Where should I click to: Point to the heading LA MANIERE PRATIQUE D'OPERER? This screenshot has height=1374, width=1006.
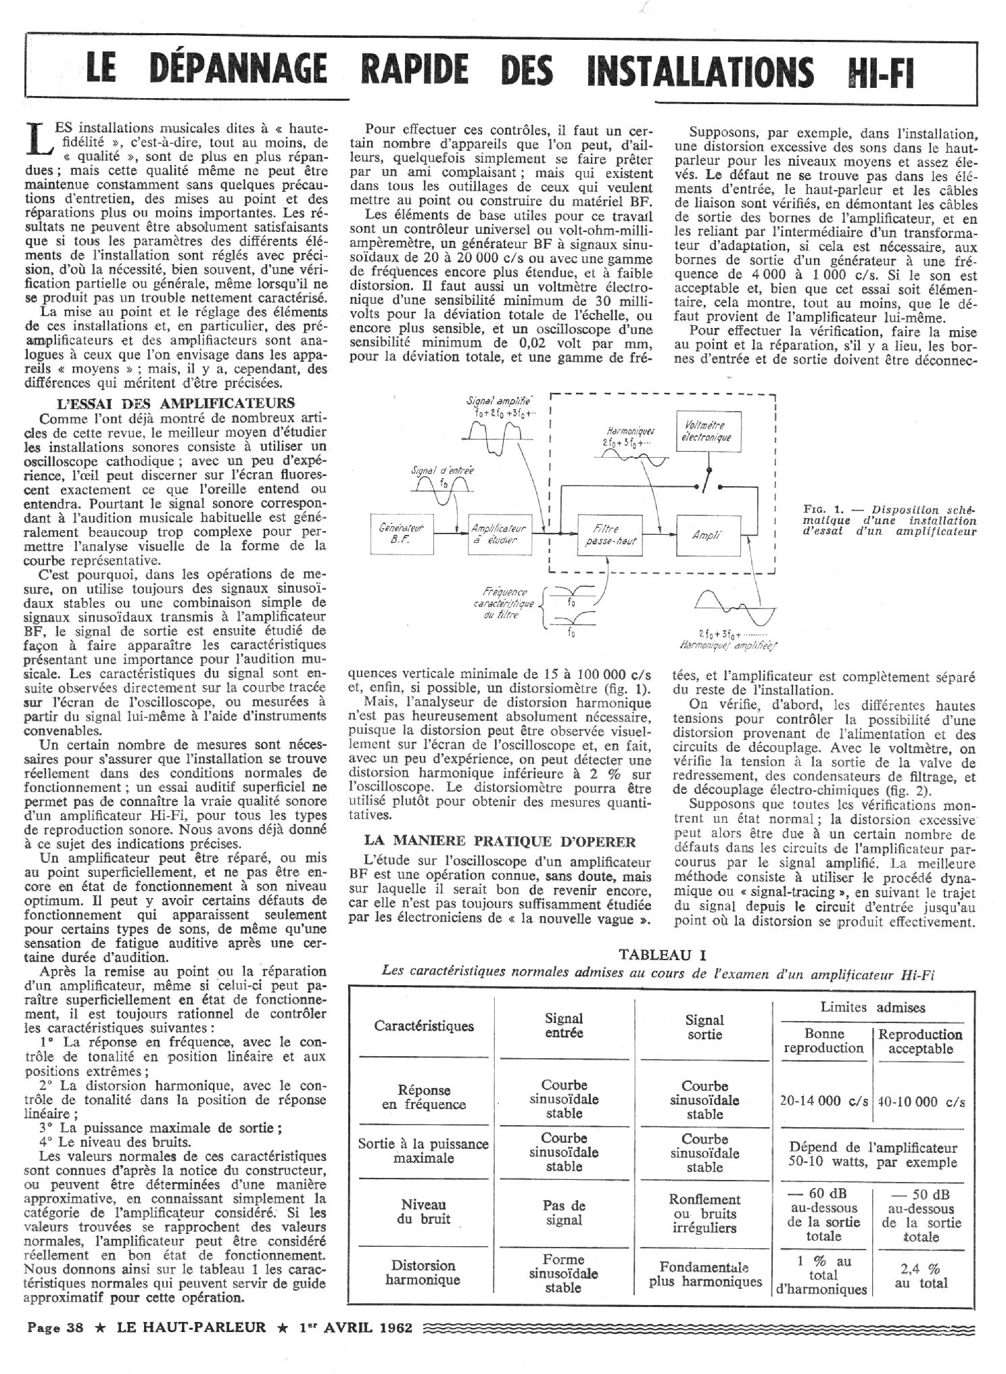click(500, 841)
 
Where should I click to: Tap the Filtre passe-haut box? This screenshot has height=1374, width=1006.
click(610, 534)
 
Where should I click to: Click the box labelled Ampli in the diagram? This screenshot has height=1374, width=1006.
click(708, 534)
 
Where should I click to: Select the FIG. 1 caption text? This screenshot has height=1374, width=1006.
click(890, 521)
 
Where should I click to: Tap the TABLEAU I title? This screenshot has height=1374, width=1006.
click(663, 955)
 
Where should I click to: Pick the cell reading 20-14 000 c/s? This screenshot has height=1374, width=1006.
click(823, 1100)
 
